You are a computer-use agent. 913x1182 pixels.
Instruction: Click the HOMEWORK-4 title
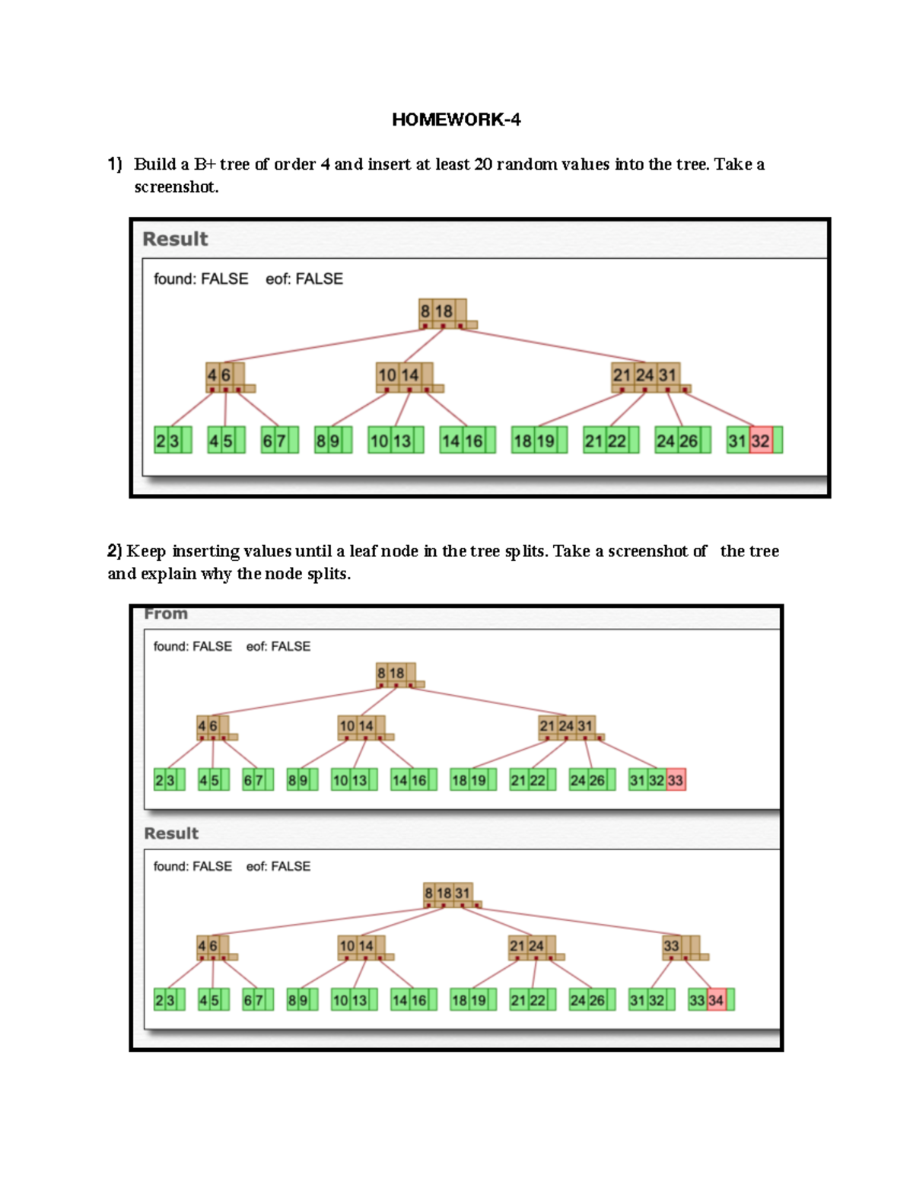click(x=456, y=119)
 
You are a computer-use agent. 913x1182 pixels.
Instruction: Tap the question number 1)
click(x=115, y=164)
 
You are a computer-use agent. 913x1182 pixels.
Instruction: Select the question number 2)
click(x=115, y=550)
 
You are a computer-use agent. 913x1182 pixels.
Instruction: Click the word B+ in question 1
click(x=205, y=164)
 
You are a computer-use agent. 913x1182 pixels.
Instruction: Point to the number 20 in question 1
click(x=483, y=164)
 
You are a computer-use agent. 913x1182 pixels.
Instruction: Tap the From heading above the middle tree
click(x=166, y=613)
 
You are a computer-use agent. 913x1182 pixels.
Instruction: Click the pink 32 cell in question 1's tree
click(x=760, y=441)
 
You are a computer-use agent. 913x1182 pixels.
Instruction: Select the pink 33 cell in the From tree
click(x=676, y=780)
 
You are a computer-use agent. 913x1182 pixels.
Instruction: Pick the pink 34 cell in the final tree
click(x=716, y=1000)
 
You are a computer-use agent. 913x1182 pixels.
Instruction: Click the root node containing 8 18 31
click(x=449, y=894)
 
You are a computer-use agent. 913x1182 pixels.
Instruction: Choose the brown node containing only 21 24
click(x=531, y=947)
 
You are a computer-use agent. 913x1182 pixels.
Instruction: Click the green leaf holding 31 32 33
click(x=657, y=780)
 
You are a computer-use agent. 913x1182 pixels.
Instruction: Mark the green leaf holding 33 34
click(x=710, y=1000)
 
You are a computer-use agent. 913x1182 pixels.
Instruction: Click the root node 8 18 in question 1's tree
click(x=442, y=312)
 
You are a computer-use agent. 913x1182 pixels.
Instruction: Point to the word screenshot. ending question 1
click(x=176, y=187)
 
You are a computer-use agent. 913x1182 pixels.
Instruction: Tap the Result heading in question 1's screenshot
click(x=175, y=239)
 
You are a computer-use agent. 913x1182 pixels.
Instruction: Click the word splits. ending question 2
click(x=329, y=573)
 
